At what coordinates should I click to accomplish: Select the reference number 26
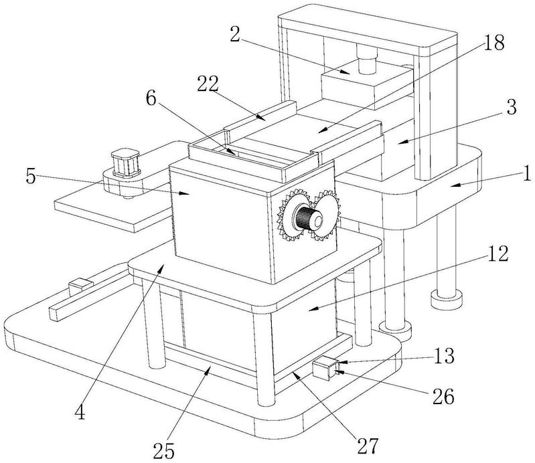(x=443, y=397)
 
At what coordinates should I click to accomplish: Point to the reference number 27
(x=368, y=446)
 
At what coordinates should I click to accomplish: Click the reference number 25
(x=164, y=451)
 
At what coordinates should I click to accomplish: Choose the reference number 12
(x=498, y=254)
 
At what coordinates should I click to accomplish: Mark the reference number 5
(x=31, y=177)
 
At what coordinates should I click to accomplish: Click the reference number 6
(x=151, y=99)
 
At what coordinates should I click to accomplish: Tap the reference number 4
(x=80, y=413)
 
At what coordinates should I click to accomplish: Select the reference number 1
(x=527, y=173)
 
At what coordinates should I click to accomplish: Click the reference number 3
(x=511, y=107)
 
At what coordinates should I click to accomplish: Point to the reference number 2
(x=235, y=34)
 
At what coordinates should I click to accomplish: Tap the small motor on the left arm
(x=126, y=163)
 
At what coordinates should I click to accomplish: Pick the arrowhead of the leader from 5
(x=184, y=193)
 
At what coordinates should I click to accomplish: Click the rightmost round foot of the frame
(x=447, y=299)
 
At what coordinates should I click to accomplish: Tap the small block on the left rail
(x=80, y=286)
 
